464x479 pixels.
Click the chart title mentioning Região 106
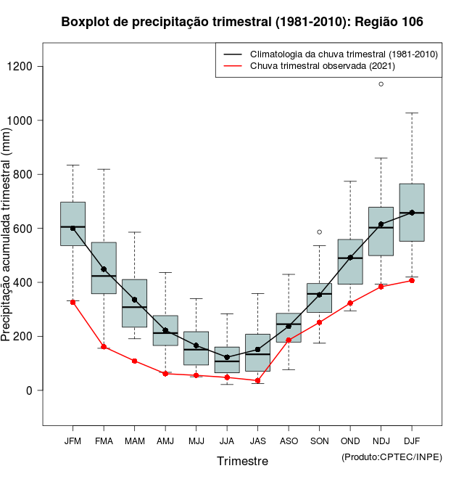pyautogui.click(x=242, y=22)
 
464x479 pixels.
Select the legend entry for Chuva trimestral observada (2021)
pyautogui.click(x=318, y=66)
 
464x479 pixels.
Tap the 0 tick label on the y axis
pyautogui.click(x=30, y=390)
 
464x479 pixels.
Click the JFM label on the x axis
pyautogui.click(x=72, y=441)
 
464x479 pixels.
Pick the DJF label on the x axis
pyautogui.click(x=412, y=441)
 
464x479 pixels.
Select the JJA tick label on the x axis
pyautogui.click(x=227, y=441)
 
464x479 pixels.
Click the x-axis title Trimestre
pyautogui.click(x=242, y=461)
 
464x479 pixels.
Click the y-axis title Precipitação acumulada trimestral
pyautogui.click(x=7, y=236)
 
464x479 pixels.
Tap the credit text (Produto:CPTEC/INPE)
pyautogui.click(x=391, y=457)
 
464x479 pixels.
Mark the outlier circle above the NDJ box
pyautogui.click(x=381, y=84)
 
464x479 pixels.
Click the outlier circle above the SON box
pyautogui.click(x=319, y=232)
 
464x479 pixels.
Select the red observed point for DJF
pyautogui.click(x=412, y=280)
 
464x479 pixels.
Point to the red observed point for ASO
pyautogui.click(x=289, y=340)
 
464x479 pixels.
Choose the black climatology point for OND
pyautogui.click(x=350, y=258)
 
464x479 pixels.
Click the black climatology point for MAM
pyautogui.click(x=134, y=300)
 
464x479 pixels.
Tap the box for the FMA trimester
pyautogui.click(x=104, y=268)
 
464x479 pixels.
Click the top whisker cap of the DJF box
pyautogui.click(x=412, y=113)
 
